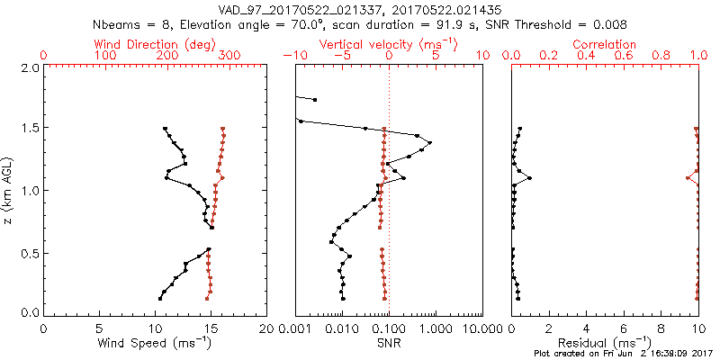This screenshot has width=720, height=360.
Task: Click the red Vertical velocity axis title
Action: coord(388,44)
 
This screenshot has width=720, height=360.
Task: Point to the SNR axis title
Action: coord(388,343)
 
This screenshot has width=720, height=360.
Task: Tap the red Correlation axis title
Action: coord(605,44)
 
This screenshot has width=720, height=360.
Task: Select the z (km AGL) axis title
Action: coord(8,189)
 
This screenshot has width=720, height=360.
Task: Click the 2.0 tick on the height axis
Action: coord(29,67)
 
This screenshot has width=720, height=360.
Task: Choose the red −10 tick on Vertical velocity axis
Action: coord(293,56)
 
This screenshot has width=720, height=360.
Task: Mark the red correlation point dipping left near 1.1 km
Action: coord(688,178)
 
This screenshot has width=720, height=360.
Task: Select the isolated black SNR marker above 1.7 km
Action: coord(314,99)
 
